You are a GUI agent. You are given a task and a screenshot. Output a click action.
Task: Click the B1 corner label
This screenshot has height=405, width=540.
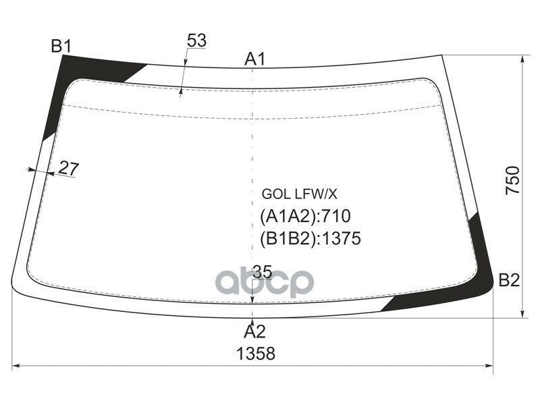point(61,46)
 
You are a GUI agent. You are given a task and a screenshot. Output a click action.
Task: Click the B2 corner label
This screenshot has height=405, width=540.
point(509,280)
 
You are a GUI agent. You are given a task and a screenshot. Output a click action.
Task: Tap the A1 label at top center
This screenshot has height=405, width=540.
point(254,59)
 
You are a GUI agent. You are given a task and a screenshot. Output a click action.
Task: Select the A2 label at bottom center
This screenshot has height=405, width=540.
point(254,331)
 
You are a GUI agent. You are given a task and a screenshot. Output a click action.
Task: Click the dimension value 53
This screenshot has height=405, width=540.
point(196,41)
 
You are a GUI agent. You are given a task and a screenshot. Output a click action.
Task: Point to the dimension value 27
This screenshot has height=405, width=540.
point(68,169)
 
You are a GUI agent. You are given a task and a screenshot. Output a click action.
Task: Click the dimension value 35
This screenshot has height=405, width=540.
point(262,272)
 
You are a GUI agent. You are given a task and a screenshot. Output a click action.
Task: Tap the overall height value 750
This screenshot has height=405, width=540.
point(514,180)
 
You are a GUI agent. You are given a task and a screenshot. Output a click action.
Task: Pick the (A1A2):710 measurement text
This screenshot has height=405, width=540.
point(305,217)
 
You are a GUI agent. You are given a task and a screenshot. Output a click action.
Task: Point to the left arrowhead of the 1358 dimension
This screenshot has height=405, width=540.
point(17,367)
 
